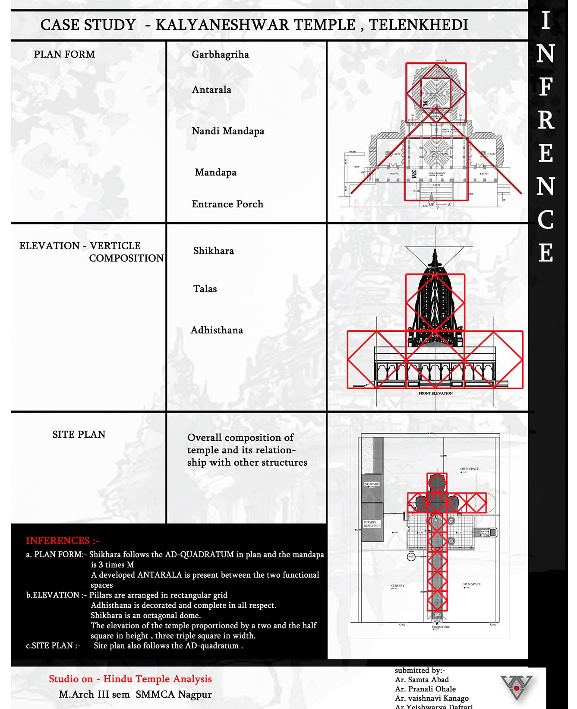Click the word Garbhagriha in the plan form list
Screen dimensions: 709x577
coord(220,55)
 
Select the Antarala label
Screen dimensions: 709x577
coord(211,90)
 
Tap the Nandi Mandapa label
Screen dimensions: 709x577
coord(228,131)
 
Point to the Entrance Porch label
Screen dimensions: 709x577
coord(227,204)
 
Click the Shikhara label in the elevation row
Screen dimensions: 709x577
coord(213,251)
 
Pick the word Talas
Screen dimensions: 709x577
coord(205,289)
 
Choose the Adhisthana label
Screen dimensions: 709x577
coord(217,331)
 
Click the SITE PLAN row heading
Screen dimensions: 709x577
coord(79,435)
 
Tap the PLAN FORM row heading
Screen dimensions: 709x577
coord(64,55)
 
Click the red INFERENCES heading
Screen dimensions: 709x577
coord(63,541)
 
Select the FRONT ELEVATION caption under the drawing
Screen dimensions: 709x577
coord(435,394)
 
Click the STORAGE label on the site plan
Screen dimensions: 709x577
coord(372,484)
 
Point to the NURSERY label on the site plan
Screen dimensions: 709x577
coord(397,586)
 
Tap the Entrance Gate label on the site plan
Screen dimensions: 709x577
coord(441,626)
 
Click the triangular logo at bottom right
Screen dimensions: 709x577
coord(516,687)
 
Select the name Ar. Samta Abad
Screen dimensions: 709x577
coord(422,680)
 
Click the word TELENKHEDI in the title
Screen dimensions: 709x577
coord(418,25)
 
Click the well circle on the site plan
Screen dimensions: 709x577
coord(411,557)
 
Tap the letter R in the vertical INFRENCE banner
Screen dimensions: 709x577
coord(545,120)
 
